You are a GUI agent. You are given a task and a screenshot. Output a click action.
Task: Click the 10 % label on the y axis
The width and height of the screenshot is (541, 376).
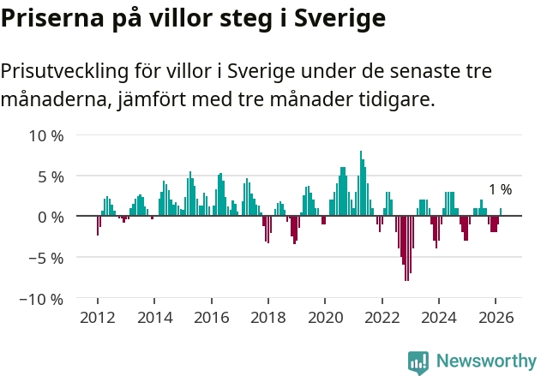coord(46,135)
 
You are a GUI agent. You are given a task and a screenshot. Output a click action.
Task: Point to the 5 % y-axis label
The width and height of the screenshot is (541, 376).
coord(51,176)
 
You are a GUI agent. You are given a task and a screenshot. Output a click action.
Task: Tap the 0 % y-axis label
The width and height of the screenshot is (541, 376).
coord(51,217)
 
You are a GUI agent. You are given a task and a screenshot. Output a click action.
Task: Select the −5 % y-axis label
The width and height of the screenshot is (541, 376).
coord(46,258)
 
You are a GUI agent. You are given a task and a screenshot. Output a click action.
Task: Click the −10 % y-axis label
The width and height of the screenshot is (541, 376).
coord(42,299)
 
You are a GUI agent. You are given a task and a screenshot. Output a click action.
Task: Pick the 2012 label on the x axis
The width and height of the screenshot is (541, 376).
coord(98,318)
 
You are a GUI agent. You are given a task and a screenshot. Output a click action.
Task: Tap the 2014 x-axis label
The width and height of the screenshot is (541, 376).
coord(154,318)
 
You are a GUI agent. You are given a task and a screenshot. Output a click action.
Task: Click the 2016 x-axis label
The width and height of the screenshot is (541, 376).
coord(211,318)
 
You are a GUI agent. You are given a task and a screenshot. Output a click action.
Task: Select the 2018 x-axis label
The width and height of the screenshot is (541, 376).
coord(268,318)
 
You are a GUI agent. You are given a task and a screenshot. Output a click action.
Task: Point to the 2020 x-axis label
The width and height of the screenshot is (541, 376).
coord(325,318)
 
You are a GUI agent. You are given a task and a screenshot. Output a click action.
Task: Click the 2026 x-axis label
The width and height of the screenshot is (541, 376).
coord(496,318)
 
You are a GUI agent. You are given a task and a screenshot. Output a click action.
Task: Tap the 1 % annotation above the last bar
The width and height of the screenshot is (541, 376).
coord(500,190)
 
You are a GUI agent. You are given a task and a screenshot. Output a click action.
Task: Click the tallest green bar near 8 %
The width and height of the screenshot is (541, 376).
coord(361,184)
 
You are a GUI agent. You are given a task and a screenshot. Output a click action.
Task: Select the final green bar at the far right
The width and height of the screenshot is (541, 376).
coord(501,212)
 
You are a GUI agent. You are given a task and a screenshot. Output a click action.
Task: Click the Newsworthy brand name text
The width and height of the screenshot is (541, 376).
coord(486,361)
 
